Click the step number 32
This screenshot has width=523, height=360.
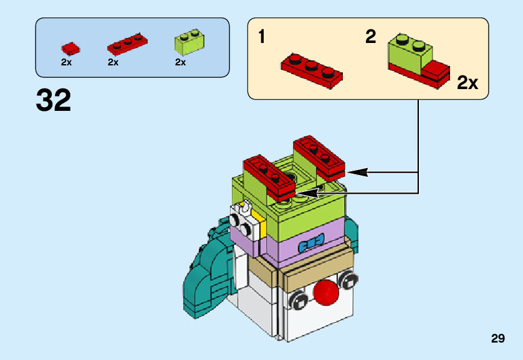tap(54, 100)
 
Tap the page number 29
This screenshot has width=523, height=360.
tap(497, 338)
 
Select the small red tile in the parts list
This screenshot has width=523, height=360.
tap(70, 49)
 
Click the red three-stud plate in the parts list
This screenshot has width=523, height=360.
tap(127, 44)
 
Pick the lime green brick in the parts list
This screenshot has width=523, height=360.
tap(190, 42)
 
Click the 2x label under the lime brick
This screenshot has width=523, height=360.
tap(180, 62)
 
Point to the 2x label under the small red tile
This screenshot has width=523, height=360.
tap(66, 62)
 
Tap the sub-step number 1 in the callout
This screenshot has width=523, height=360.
tap(262, 36)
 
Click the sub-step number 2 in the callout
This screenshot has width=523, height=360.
tap(370, 36)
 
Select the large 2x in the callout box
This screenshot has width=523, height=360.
tap(468, 82)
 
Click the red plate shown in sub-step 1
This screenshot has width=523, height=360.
tap(312, 70)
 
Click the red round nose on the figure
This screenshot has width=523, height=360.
tap(326, 293)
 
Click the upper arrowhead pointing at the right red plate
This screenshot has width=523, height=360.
tap(357, 173)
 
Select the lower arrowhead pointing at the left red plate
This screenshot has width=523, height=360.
tap(307, 193)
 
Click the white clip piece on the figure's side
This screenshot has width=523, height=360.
tap(244, 220)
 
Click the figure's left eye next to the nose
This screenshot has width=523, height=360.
tap(298, 300)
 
